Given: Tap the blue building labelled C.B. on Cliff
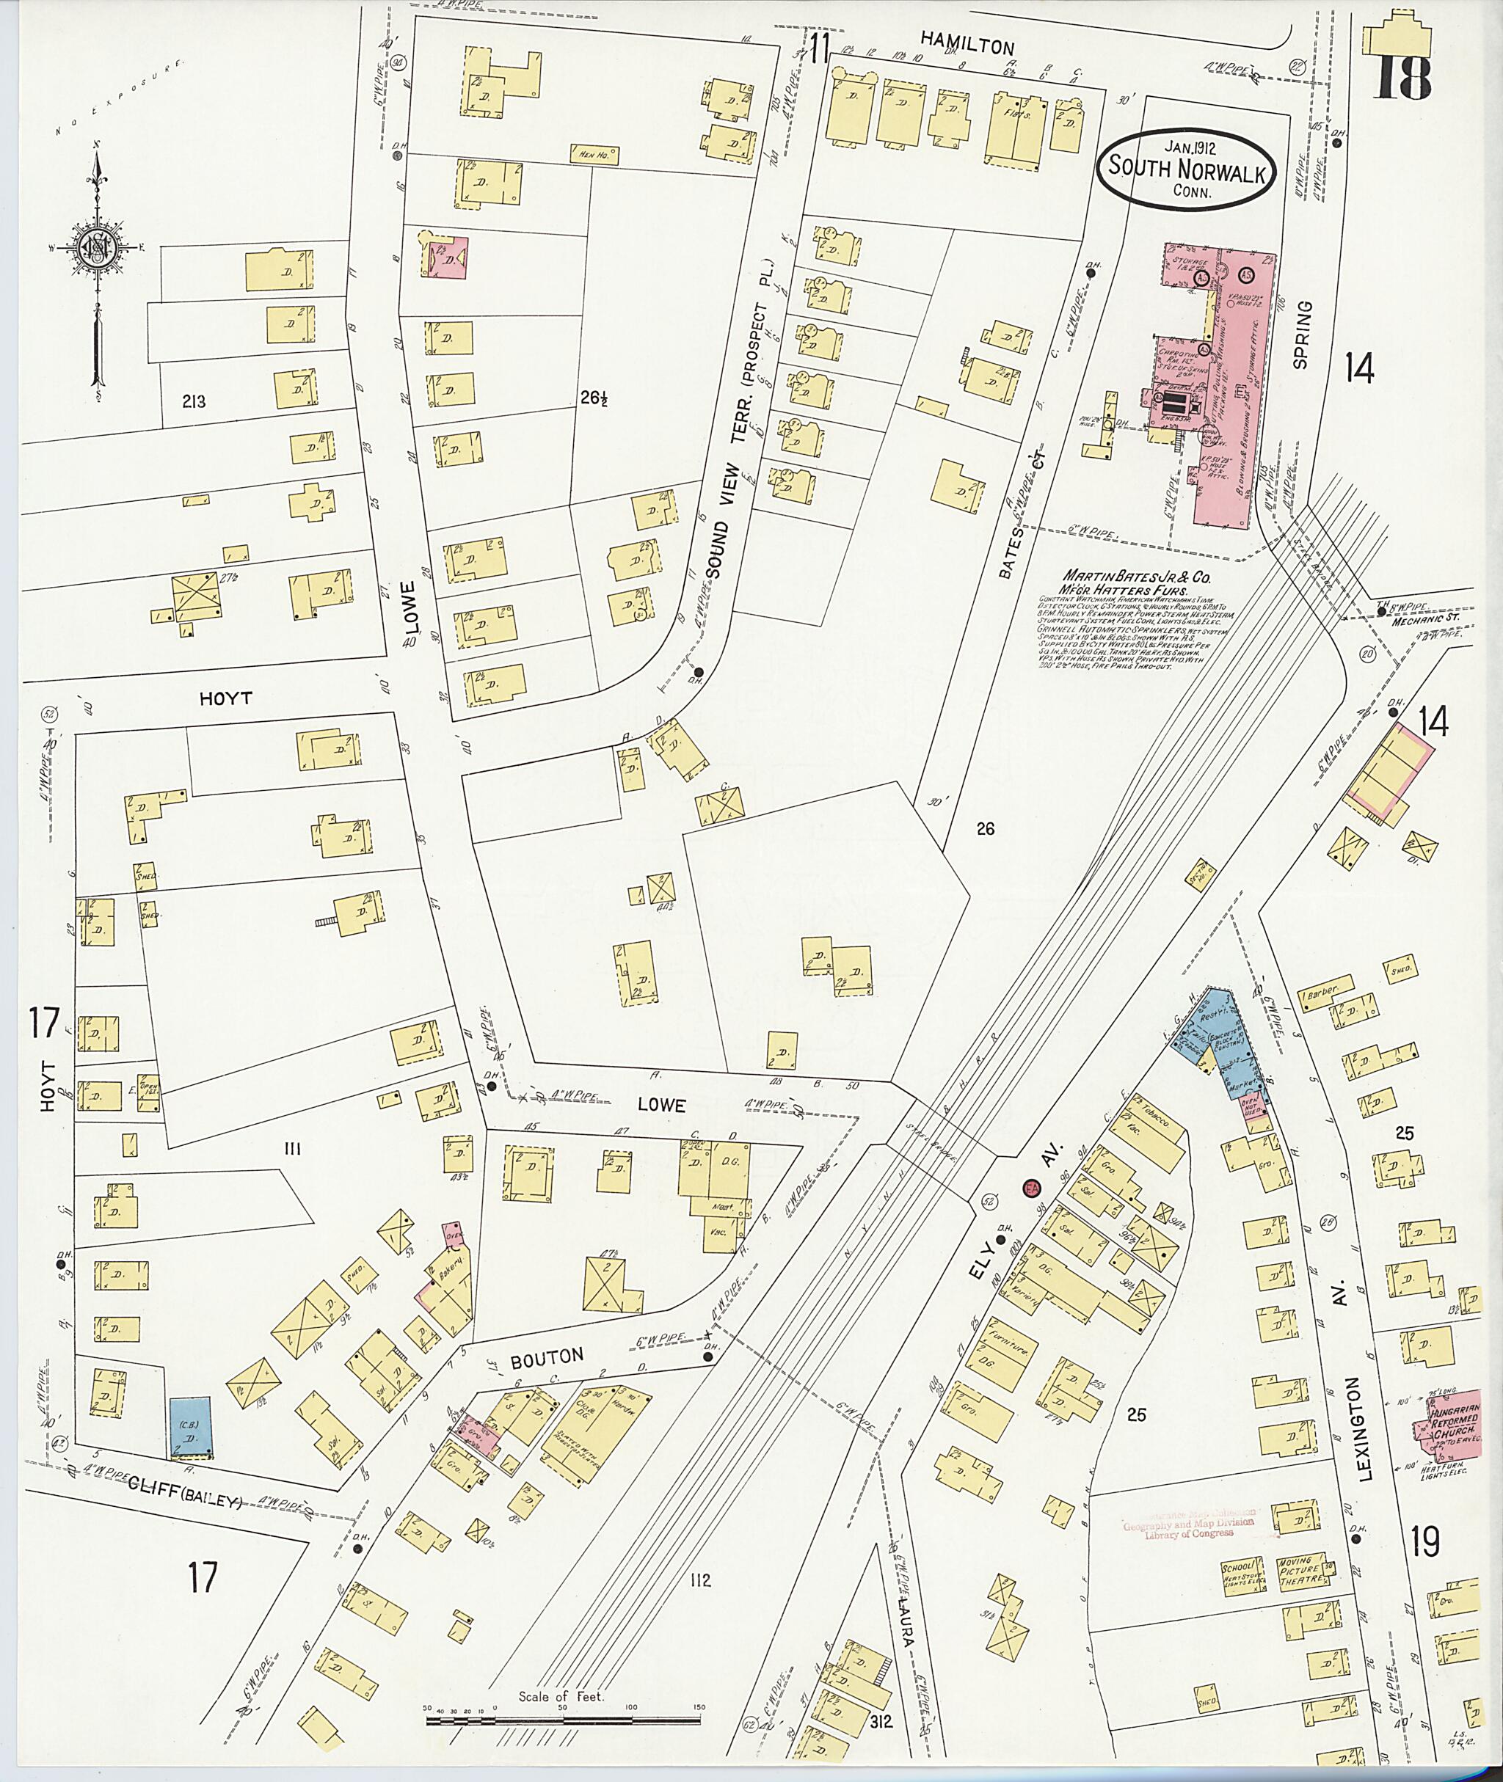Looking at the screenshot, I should pos(191,1426).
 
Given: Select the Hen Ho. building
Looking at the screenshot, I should pos(594,155).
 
